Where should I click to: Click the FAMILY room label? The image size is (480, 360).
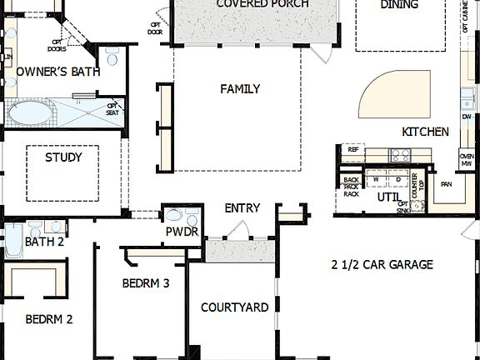click(240, 89)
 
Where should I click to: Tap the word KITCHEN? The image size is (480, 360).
click(425, 132)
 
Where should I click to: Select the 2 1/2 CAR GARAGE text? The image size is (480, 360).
click(382, 265)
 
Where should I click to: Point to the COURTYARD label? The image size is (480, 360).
click(235, 307)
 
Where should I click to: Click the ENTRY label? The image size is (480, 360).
click(242, 208)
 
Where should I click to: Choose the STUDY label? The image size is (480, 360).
click(62, 157)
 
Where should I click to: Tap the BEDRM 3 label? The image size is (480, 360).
click(146, 283)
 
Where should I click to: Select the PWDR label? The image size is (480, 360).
click(182, 232)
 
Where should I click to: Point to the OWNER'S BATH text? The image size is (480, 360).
click(57, 72)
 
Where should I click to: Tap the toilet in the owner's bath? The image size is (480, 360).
click(112, 57)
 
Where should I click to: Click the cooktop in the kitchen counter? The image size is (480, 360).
click(401, 154)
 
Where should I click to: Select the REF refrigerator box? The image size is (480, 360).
click(352, 149)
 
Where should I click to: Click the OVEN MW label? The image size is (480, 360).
click(467, 160)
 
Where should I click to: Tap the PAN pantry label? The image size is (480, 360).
click(447, 184)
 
